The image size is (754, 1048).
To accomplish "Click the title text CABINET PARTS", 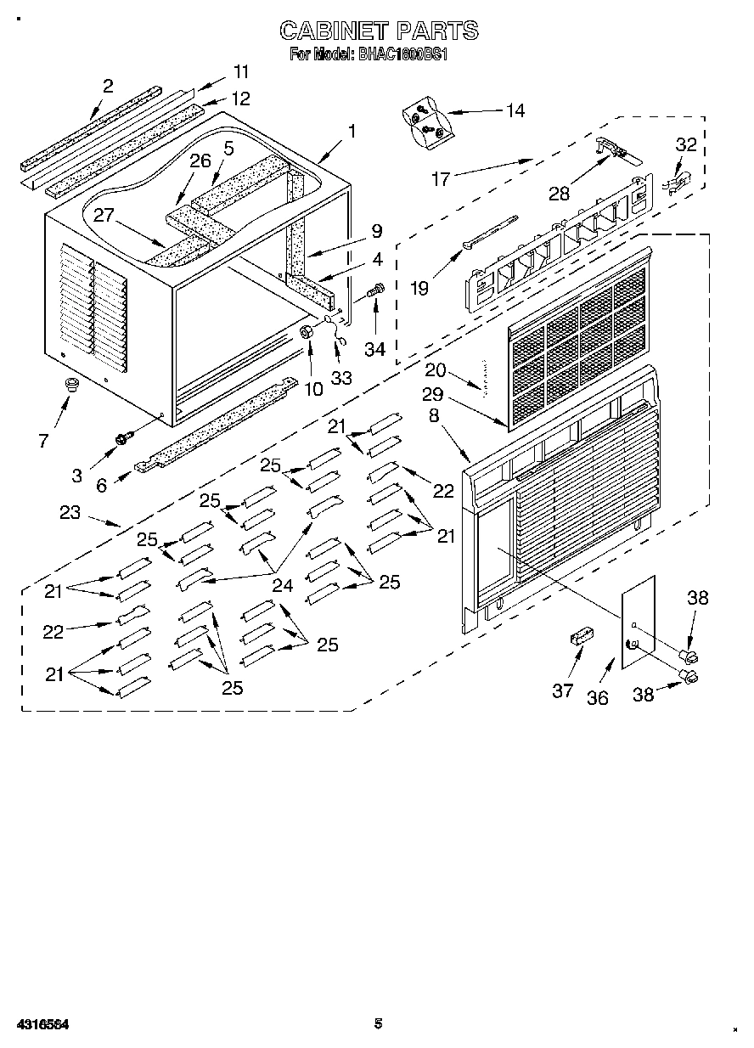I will (x=379, y=31).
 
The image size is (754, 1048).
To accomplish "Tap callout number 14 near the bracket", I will (x=515, y=110).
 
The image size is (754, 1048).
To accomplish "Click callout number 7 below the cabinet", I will (x=43, y=440).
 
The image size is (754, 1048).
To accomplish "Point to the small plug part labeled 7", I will (x=71, y=386).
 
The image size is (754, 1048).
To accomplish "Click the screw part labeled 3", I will (x=124, y=437).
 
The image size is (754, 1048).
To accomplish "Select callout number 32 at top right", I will (x=685, y=145).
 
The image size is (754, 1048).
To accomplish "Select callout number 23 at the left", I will (x=70, y=512).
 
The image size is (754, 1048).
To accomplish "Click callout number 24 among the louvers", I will (x=281, y=584).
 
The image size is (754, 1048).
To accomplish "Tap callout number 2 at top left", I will (x=108, y=86).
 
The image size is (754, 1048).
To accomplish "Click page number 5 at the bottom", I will (x=379, y=1024).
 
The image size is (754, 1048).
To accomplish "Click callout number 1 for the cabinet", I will (x=352, y=132).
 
